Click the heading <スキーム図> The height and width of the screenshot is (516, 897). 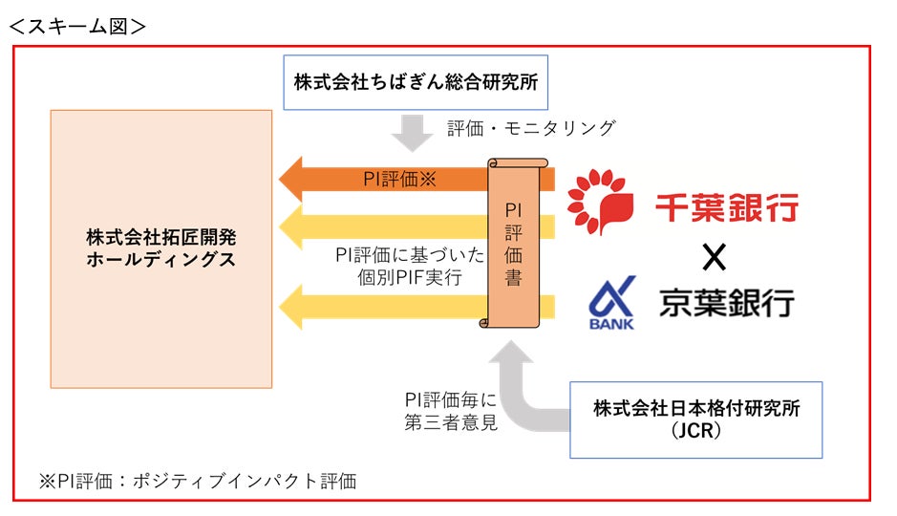(x=77, y=25)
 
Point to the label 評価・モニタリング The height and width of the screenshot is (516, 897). (x=531, y=128)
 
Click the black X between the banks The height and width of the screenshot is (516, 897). (x=714, y=256)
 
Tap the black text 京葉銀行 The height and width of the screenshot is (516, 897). (x=727, y=303)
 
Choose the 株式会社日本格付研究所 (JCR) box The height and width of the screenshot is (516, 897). (x=695, y=419)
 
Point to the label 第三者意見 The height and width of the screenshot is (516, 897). (x=450, y=421)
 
